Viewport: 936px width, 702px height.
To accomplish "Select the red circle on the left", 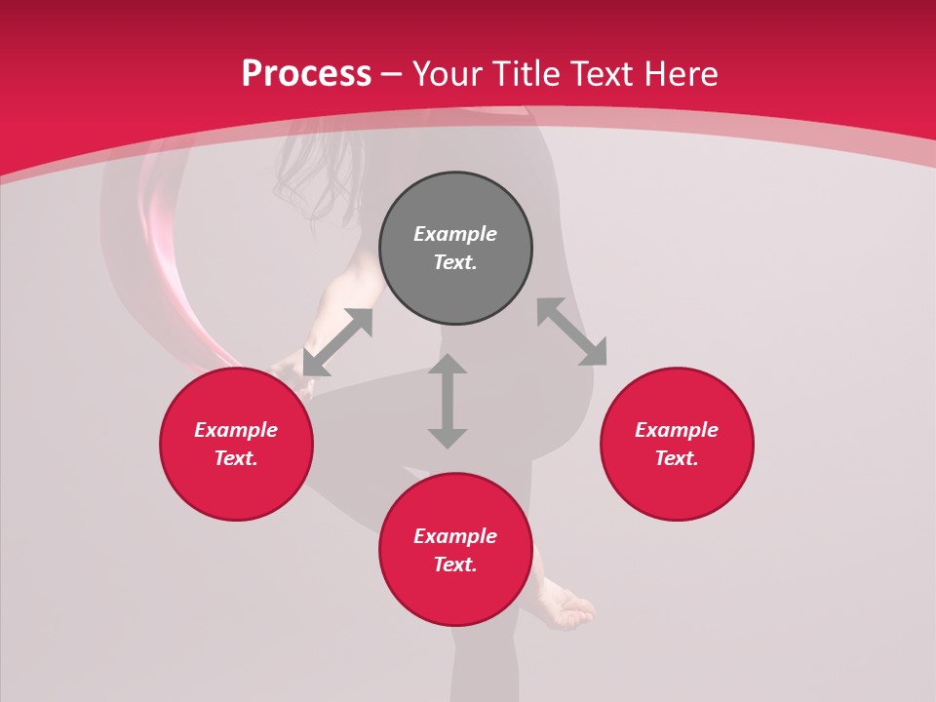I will tap(236, 445).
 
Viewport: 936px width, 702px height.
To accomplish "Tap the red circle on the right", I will tap(677, 445).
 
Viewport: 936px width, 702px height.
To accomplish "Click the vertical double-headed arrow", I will tap(448, 402).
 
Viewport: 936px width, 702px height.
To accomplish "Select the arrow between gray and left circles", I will tap(337, 342).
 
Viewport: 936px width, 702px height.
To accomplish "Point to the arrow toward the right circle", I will tap(571, 331).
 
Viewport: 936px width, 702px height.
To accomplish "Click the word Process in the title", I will tap(306, 73).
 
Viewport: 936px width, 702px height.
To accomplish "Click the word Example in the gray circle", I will tap(455, 234).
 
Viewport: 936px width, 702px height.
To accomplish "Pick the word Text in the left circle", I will tap(236, 458).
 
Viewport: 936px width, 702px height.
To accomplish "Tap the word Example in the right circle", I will tap(677, 430).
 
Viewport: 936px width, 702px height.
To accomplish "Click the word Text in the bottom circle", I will tap(455, 565).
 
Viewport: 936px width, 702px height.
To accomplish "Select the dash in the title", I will tap(391, 74).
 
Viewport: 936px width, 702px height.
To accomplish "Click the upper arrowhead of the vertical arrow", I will tap(448, 366).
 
